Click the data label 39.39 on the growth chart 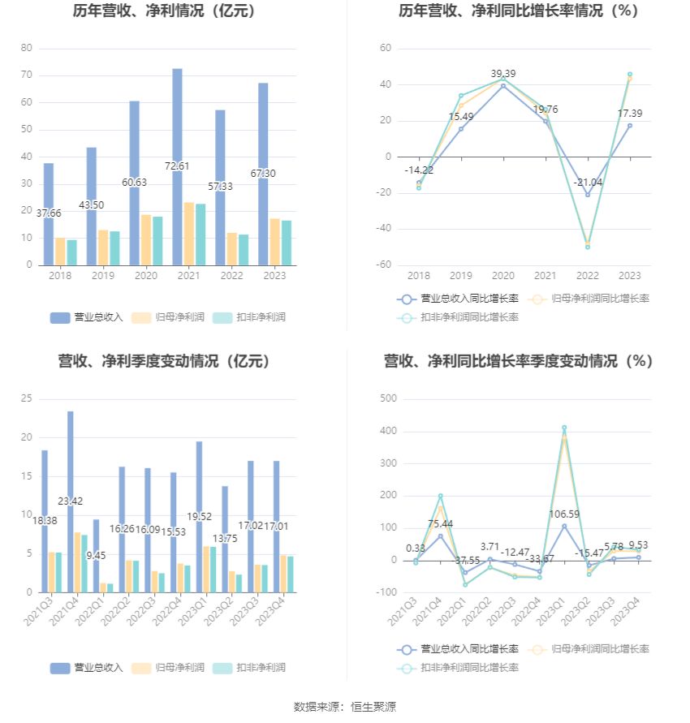pyautogui.click(x=503, y=74)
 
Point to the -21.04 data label pyautogui.click(x=588, y=182)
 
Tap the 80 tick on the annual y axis pyautogui.click(x=27, y=48)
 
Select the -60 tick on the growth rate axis pyautogui.click(x=383, y=265)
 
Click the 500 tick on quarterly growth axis pyautogui.click(x=387, y=398)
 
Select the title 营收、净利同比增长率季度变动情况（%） pyautogui.click(x=518, y=361)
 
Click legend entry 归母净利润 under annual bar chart pyautogui.click(x=162, y=317)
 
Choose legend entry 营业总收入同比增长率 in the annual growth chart pyautogui.click(x=459, y=299)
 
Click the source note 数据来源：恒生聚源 pyautogui.click(x=345, y=707)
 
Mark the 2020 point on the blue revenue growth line pyautogui.click(x=503, y=85)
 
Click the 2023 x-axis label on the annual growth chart pyautogui.click(x=629, y=276)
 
